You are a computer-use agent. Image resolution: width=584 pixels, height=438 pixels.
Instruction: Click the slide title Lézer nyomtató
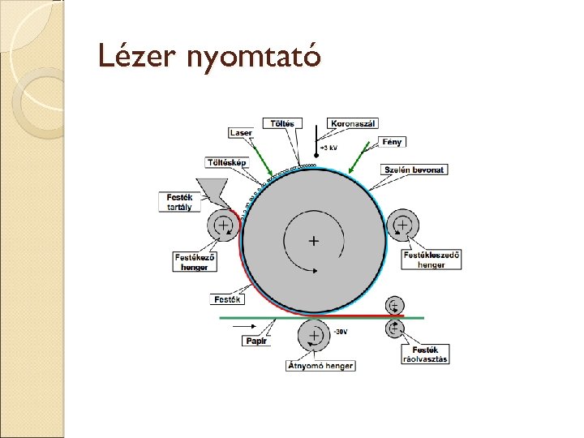[209, 55]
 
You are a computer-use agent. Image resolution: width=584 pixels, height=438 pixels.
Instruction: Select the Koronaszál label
[353, 123]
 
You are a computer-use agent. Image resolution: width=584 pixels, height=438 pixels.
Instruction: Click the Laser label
[241, 132]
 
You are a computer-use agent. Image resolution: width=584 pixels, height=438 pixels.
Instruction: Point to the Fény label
[393, 142]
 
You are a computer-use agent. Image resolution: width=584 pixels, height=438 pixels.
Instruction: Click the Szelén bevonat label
[414, 170]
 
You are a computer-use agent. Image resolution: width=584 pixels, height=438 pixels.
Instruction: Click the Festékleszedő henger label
[432, 258]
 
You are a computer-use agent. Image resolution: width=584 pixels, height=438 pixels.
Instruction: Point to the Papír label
[254, 341]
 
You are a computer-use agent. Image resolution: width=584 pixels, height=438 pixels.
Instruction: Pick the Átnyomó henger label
[320, 366]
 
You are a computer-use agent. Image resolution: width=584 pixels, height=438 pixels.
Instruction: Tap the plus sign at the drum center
[313, 241]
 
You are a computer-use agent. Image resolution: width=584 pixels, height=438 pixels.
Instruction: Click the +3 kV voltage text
[328, 148]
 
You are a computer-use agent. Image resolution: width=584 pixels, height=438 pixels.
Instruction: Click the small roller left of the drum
[222, 225]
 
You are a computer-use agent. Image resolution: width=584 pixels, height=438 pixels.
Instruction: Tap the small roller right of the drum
[401, 225]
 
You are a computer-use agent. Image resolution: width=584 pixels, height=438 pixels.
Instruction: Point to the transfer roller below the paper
[312, 335]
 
